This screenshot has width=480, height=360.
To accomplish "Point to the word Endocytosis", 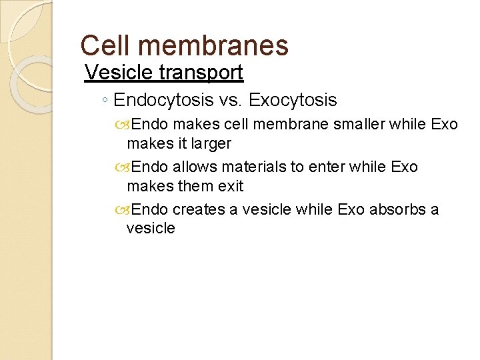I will click(163, 101).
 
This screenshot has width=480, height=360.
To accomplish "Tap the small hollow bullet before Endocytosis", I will click(106, 101).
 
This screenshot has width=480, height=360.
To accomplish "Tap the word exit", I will click(231, 185).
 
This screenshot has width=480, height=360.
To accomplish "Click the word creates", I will click(199, 209).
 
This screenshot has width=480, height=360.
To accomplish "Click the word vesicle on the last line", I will click(151, 228).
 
